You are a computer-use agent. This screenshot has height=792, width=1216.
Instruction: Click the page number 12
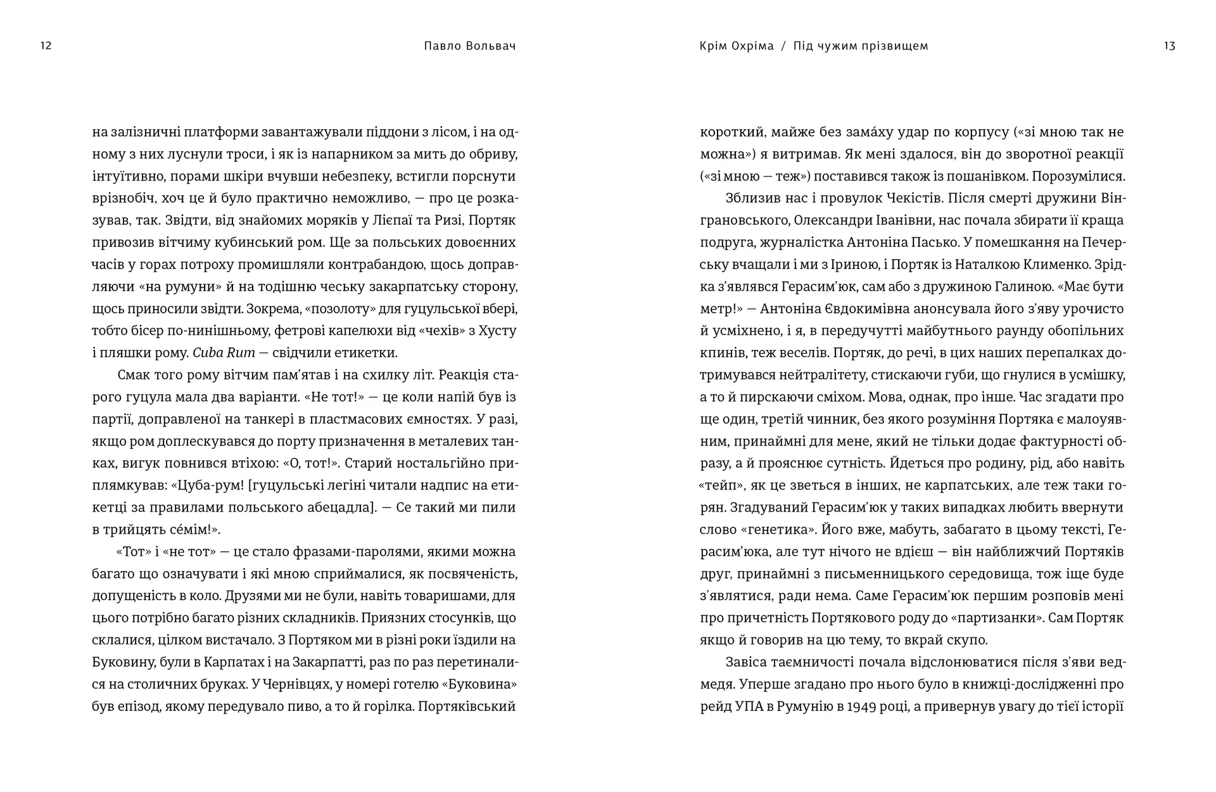tap(46, 46)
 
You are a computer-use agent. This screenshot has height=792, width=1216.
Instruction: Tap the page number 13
tap(1169, 46)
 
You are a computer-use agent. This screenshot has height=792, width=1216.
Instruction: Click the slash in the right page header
tap(783, 46)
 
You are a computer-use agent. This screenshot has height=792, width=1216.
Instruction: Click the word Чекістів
tap(913, 198)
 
